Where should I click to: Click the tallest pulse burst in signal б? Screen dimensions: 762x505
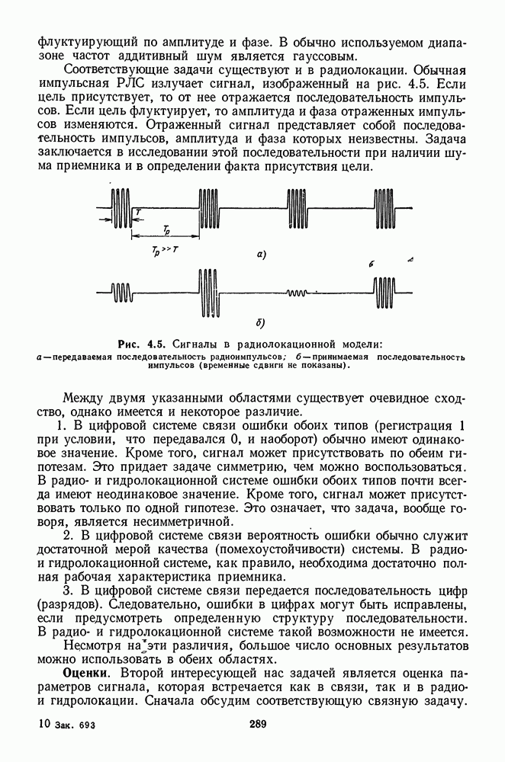(x=207, y=290)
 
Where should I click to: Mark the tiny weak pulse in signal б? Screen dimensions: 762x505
(x=297, y=293)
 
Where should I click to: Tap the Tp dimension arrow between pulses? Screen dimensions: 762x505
(x=166, y=235)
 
